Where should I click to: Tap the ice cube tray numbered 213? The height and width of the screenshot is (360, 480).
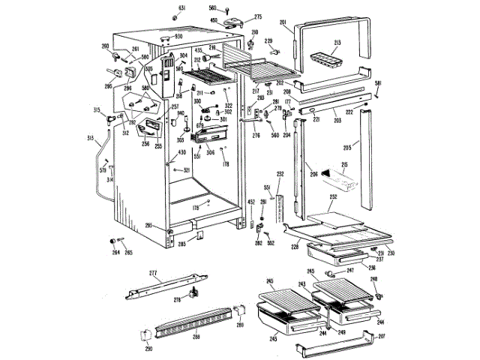[x=325, y=56]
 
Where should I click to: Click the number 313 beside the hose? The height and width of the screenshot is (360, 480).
[x=91, y=138]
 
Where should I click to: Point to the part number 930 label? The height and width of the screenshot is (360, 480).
[x=178, y=36]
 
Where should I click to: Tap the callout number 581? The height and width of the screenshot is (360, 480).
[x=379, y=83]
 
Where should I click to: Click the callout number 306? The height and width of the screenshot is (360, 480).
[x=211, y=151]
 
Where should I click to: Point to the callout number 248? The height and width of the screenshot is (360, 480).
[x=373, y=279]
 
